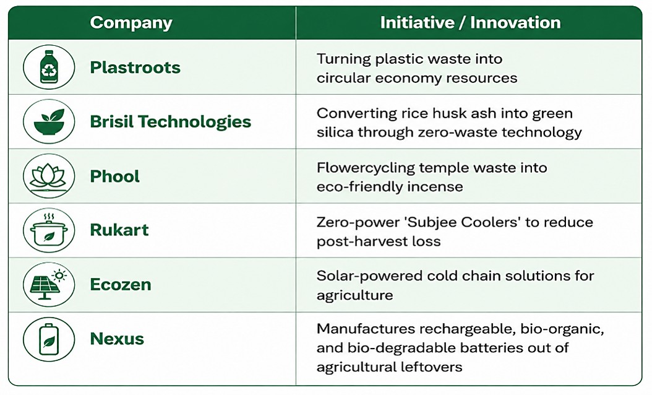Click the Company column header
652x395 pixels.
[x=131, y=23]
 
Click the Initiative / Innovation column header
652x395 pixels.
[x=470, y=22]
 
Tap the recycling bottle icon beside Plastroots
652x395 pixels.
[x=49, y=67]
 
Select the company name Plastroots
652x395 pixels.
[x=135, y=67]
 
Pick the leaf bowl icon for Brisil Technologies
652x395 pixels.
[x=49, y=121]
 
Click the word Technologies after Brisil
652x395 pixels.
[x=194, y=122]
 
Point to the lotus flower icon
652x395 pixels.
[x=49, y=176]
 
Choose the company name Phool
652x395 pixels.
[x=115, y=176]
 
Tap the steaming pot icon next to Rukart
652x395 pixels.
[x=49, y=230]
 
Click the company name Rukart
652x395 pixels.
[x=119, y=230]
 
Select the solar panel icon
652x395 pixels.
[x=49, y=285]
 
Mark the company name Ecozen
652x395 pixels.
[x=121, y=285]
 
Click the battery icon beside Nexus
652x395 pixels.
[x=49, y=339]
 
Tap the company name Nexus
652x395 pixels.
[x=117, y=339]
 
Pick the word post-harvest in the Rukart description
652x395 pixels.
[x=354, y=241]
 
